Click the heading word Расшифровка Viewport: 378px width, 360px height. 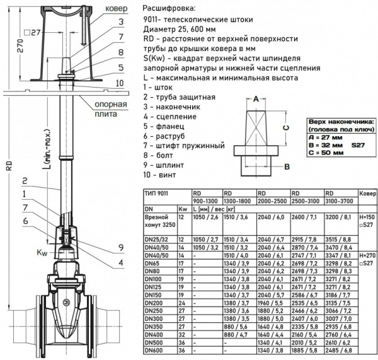pyautogui.click(x=169, y=9)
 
